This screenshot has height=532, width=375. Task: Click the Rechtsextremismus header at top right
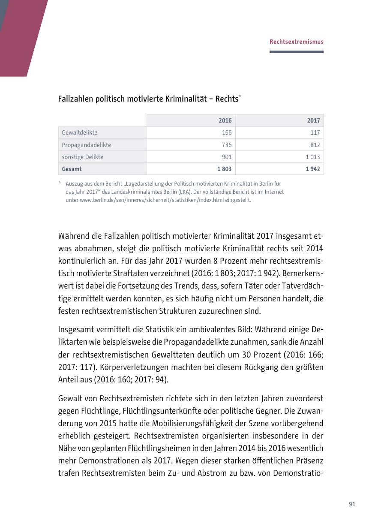click(x=296, y=42)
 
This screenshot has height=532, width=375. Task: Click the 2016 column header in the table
click(x=225, y=120)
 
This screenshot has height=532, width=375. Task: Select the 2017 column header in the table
click(x=313, y=120)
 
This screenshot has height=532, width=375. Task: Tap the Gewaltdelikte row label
click(x=79, y=132)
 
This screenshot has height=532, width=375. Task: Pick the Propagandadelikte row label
click(x=86, y=145)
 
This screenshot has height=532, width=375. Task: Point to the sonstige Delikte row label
click(x=82, y=157)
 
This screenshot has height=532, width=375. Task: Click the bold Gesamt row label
click(x=72, y=169)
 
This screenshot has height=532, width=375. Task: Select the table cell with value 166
click(x=227, y=132)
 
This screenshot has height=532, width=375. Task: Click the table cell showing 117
click(x=315, y=132)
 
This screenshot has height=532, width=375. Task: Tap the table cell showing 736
click(x=227, y=145)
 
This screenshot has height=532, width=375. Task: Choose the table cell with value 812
click(x=315, y=145)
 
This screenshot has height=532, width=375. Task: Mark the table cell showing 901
click(x=227, y=157)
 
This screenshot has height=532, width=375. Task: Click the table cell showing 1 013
click(x=312, y=157)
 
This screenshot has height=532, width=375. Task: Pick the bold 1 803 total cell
click(x=224, y=169)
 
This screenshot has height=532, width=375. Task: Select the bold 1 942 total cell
click(x=312, y=169)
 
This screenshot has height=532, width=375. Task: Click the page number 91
click(x=352, y=504)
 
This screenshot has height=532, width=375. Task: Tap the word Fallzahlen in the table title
click(x=75, y=99)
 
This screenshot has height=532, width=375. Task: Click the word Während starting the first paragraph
click(x=73, y=236)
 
